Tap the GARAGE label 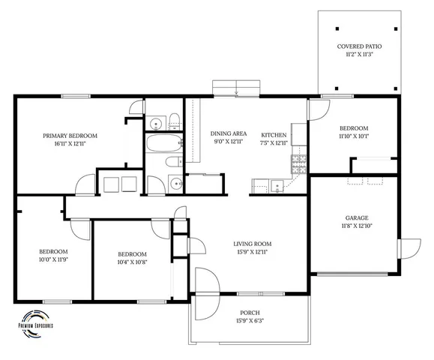point(356,217)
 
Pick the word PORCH point(250,312)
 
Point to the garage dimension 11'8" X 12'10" point(356,226)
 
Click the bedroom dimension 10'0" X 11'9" point(53,259)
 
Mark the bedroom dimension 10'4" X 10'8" point(131,262)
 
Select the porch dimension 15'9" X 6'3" point(250,321)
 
